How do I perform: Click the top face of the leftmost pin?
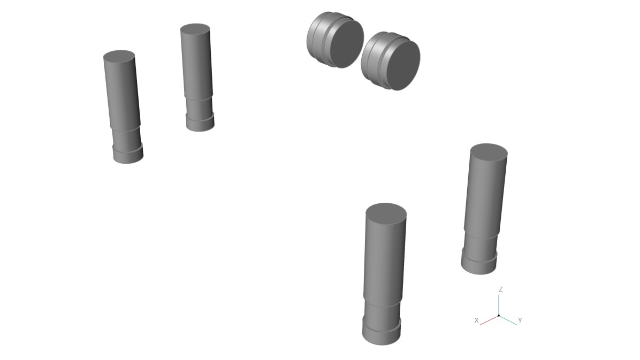[119, 56]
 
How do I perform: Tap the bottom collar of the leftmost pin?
[128, 154]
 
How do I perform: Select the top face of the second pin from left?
[195, 29]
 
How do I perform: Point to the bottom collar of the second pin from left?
[201, 122]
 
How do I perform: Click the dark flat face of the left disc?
[347, 44]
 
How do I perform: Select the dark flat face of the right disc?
[403, 66]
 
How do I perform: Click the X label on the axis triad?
[476, 320]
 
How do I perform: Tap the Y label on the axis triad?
[520, 320]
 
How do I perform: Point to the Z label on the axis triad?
[500, 289]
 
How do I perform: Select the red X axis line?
[489, 320]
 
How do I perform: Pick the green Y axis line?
[508, 320]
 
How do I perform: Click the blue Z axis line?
[499, 305]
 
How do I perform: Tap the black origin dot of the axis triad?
[499, 316]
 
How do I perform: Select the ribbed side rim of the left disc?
[319, 39]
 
